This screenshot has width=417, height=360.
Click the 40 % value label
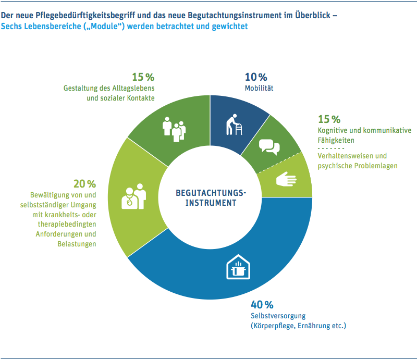pos(262,305)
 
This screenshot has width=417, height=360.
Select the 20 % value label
pos(84,184)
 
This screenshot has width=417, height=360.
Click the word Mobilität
pos(259,88)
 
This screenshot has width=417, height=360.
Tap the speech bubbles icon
pos(269,147)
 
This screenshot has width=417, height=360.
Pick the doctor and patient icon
pos(133,196)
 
